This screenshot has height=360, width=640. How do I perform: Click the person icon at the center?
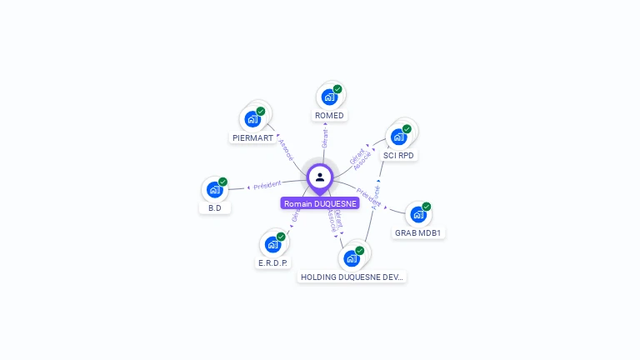[320, 177]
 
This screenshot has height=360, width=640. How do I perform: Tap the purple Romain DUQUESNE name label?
[320, 203]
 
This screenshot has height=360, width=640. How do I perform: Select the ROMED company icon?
[329, 97]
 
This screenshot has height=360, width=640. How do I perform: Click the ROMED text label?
[329, 115]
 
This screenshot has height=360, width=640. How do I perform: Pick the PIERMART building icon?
[252, 119]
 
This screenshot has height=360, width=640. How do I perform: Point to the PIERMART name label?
[252, 137]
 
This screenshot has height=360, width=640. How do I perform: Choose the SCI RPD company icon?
[399, 137]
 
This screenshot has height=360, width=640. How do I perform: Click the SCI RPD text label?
[398, 155]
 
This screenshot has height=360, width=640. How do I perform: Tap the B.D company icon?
[215, 190]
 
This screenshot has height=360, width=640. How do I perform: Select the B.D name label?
[215, 208]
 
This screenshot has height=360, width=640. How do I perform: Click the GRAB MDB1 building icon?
[418, 214]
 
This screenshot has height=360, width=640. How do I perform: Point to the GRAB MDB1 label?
[418, 233]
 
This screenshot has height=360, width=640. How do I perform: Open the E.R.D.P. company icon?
[272, 244]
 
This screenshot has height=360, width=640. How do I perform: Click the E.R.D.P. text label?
[272, 262]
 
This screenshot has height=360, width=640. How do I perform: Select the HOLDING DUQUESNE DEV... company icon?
[352, 257]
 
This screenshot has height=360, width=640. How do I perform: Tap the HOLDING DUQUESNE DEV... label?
[352, 277]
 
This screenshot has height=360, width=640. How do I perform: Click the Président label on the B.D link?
[267, 184]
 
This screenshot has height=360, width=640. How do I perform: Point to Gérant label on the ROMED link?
[325, 137]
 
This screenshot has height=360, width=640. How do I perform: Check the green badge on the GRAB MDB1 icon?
[427, 206]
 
